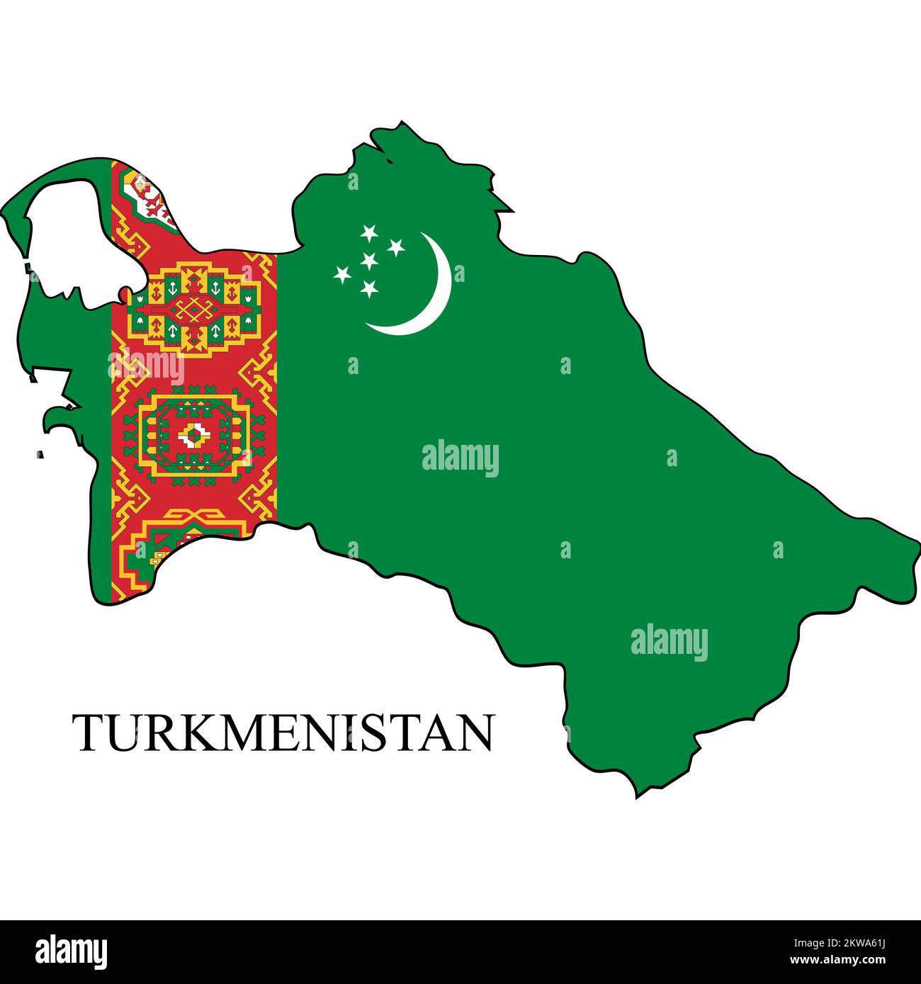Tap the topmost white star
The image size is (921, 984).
point(368,232)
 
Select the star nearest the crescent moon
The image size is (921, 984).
point(395,247)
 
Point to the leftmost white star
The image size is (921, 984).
point(343,273)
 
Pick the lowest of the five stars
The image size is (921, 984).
point(368,288)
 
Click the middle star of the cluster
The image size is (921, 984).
point(368,261)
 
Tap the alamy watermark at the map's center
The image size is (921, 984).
point(460,458)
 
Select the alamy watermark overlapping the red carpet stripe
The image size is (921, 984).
point(145,367)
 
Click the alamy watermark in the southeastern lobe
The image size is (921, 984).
point(669,642)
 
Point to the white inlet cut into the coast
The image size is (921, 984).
point(71,234)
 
